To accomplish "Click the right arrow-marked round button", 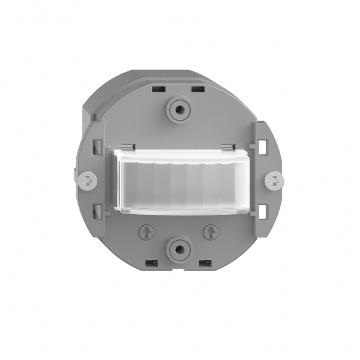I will click(210, 231).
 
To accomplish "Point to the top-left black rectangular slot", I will click(159, 89).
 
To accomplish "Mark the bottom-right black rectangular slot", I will click(205, 263).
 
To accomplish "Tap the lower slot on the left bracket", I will click(96, 211).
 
